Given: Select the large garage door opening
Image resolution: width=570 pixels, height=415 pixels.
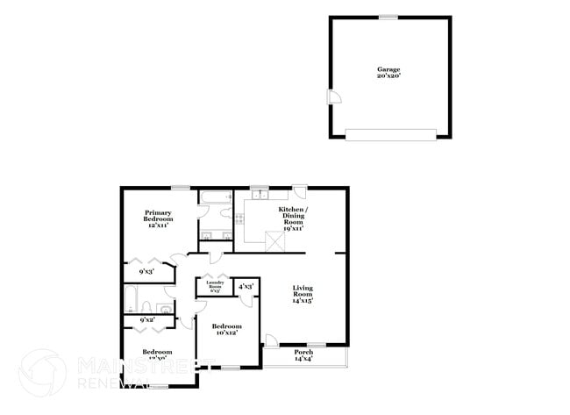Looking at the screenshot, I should coord(389,133).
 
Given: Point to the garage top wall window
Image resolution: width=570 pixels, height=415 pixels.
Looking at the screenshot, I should coord(387,17).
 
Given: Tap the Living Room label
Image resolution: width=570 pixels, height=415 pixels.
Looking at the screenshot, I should coord(303,293).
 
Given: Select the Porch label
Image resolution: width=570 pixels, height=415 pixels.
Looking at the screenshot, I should coord(303,354).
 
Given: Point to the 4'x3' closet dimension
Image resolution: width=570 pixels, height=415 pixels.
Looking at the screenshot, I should coord(246,286).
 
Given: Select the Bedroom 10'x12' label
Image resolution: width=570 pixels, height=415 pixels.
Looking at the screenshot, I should coord(228,329).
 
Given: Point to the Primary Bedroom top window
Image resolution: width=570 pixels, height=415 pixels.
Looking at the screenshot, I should coord(181,187).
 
